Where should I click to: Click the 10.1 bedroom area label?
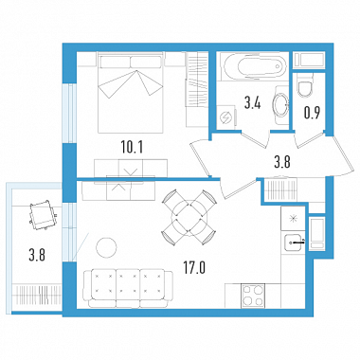click(x=132, y=147)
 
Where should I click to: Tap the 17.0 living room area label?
click(x=194, y=268)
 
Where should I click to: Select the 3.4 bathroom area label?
click(x=252, y=102)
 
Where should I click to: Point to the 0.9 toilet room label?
click(x=312, y=113)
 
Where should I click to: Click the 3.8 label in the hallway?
click(x=281, y=162)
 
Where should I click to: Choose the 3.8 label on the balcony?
click(x=37, y=255)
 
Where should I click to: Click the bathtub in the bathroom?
click(x=254, y=66)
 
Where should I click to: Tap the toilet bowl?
click(x=305, y=86)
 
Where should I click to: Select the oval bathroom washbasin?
click(x=280, y=104)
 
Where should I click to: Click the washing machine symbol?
click(x=227, y=117)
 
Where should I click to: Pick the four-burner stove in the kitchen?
click(x=253, y=296)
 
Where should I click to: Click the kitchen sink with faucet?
click(x=295, y=243)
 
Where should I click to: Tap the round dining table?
click(x=189, y=217)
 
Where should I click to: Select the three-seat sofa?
click(x=128, y=288)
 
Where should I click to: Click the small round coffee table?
click(x=106, y=247)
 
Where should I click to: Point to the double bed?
click(x=131, y=92)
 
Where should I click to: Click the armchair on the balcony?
click(x=42, y=214)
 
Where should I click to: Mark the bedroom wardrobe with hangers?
click(x=196, y=79)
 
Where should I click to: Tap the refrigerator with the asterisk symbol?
click(x=293, y=218)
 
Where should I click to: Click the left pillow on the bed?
click(x=115, y=62)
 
